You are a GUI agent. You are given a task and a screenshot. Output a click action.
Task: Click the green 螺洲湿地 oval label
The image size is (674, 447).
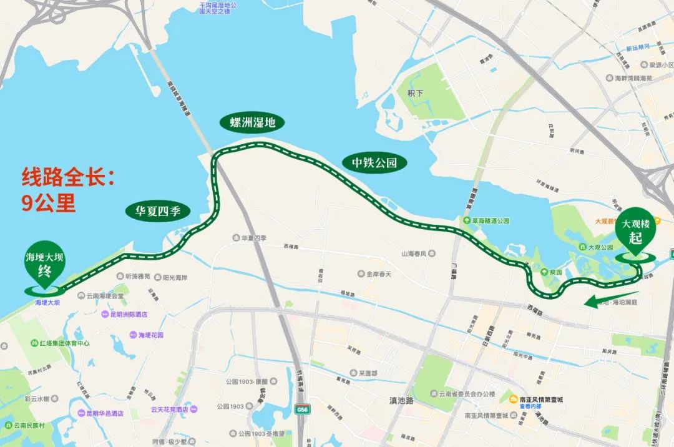[x=252, y=122]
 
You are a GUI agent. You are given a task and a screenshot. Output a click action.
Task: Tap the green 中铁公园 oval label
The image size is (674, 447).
[x=374, y=164]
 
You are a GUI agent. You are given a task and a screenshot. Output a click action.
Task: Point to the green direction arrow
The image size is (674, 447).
[x=612, y=300]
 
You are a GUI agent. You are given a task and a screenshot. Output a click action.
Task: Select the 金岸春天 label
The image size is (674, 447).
[x=378, y=274]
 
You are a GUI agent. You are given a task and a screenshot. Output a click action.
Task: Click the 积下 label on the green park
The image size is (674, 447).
[x=415, y=93]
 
